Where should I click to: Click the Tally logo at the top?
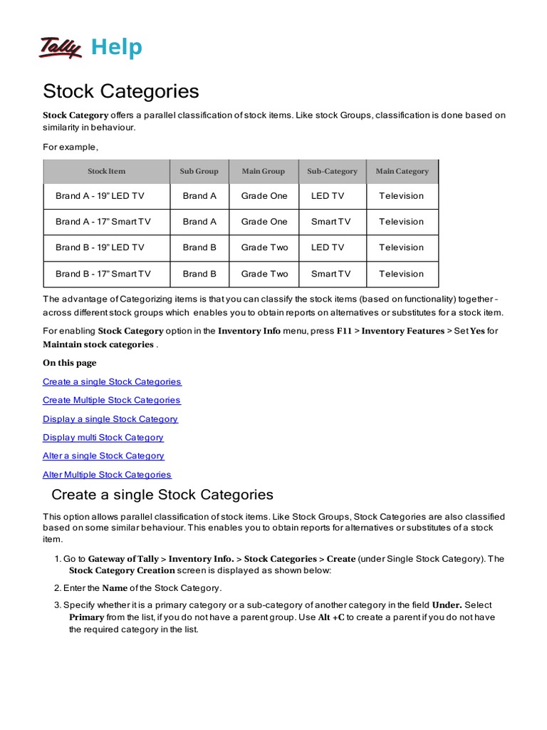[x=61, y=47]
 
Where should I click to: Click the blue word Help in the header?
[x=117, y=48]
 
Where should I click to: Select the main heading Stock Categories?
[x=120, y=91]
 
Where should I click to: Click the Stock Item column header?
[x=106, y=171]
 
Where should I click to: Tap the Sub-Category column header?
[x=332, y=171]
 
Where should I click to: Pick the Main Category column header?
[x=402, y=171]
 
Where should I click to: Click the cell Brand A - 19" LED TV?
[x=100, y=196]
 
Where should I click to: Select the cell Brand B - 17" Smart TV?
[x=103, y=274]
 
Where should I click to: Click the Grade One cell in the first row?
[x=264, y=196]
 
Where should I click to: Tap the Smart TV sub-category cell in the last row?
[x=330, y=274]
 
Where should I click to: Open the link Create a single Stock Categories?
[x=112, y=381]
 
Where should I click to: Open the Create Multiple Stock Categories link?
[x=111, y=400]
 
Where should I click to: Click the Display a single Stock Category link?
[x=110, y=418]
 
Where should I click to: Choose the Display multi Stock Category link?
[x=103, y=437]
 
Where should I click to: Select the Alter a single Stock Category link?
[x=103, y=456]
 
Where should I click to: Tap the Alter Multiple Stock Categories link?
[x=107, y=474]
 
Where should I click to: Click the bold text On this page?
[x=69, y=363]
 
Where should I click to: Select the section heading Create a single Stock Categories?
[x=162, y=495]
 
